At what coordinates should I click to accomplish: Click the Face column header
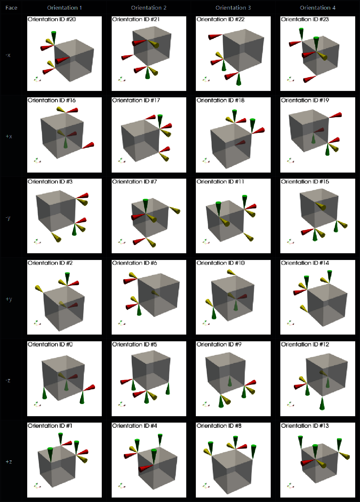tap(11, 8)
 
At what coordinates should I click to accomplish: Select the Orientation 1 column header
tap(65, 8)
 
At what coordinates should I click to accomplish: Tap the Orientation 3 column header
tap(233, 8)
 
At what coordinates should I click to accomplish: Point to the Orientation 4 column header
tap(318, 8)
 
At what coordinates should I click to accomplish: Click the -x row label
tap(8, 55)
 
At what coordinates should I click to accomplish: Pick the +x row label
tap(9, 136)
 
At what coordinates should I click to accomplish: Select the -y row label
tap(8, 218)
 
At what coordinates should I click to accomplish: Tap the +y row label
tap(9, 299)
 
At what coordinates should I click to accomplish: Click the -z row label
tap(8, 380)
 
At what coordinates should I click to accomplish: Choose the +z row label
tap(9, 462)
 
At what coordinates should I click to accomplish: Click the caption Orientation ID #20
tap(52, 20)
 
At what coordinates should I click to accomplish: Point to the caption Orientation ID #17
tap(136, 101)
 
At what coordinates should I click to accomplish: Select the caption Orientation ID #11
tap(220, 182)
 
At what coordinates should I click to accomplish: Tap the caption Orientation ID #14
tap(305, 263)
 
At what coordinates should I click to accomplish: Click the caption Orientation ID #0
tap(50, 344)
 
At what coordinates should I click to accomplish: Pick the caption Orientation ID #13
tap(305, 426)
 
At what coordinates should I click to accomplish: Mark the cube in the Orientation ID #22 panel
tap(243, 51)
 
